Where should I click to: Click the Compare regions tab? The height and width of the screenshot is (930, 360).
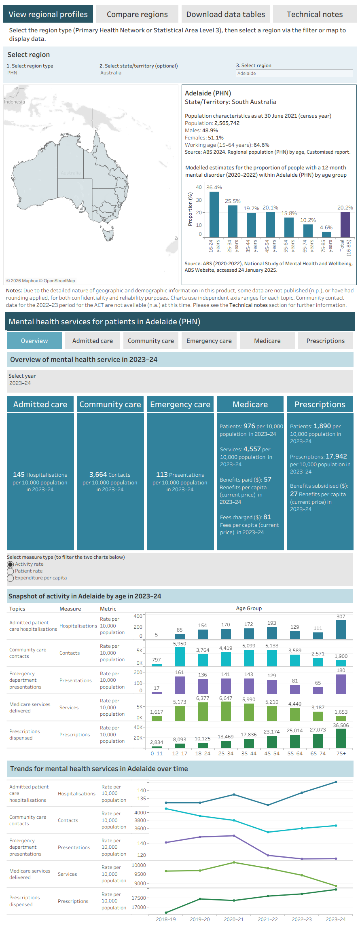[x=137, y=14]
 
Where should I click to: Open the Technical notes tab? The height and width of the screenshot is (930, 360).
[x=315, y=14]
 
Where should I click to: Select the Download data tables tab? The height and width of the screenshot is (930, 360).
[x=226, y=14]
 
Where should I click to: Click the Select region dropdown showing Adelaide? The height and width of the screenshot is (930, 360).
[x=294, y=73]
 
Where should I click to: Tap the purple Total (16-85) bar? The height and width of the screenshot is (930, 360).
[x=345, y=224]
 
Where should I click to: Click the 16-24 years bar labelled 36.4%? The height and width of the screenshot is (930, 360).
[x=214, y=214]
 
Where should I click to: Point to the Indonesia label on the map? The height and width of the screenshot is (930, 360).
[x=15, y=102]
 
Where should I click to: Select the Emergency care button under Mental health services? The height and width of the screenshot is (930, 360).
[x=209, y=341]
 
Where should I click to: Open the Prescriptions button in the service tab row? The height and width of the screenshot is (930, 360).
[x=326, y=341]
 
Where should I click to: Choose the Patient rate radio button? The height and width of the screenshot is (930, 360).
[x=11, y=571]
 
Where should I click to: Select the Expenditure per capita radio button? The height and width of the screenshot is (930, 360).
[x=11, y=578]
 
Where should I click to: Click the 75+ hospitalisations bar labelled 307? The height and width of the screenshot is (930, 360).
[x=341, y=630]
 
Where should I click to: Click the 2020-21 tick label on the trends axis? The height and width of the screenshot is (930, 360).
[x=234, y=919]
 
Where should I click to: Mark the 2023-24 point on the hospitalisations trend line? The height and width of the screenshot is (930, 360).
[x=336, y=782]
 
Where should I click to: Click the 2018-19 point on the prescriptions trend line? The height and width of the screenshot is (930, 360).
[x=166, y=913]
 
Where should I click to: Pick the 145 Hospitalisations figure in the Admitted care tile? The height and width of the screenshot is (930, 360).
[x=40, y=475]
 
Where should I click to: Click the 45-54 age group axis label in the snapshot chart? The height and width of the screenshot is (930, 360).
[x=272, y=753]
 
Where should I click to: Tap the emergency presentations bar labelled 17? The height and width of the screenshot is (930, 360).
[x=157, y=693]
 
